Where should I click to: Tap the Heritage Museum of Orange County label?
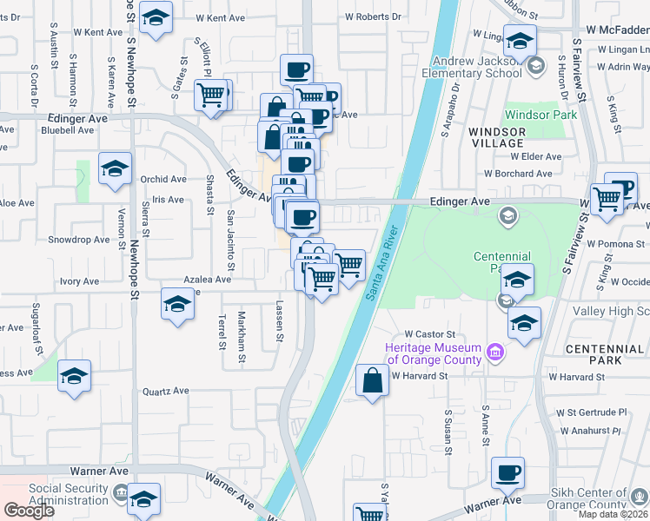(434, 353)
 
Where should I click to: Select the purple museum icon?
(495, 353)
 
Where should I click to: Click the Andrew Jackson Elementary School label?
(484, 68)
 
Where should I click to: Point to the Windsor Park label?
(541, 115)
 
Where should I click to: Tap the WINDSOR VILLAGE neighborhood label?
(497, 137)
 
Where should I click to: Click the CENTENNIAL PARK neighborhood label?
(604, 353)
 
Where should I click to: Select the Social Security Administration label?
(69, 494)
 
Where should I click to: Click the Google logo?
(29, 510)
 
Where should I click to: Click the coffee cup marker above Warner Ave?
(507, 473)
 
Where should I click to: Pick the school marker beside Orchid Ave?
(115, 169)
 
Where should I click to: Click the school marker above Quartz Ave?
(75, 377)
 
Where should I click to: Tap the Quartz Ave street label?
(166, 391)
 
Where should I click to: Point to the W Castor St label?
(430, 333)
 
